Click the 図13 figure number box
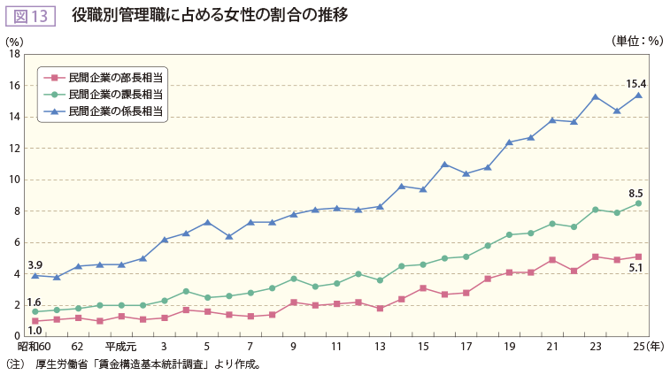31,15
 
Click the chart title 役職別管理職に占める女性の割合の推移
210,15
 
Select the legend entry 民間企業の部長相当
115,78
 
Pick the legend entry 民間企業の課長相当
115,94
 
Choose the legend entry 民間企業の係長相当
115,111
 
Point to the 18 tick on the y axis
15,54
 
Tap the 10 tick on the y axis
15,180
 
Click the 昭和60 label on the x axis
35,348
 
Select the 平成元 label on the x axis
120,348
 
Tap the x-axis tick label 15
423,348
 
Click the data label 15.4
636,84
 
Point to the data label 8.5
635,193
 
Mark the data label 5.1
635,267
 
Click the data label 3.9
35,264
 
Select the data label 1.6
35,302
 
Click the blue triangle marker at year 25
638,95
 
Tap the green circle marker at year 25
638,203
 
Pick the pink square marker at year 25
638,256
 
